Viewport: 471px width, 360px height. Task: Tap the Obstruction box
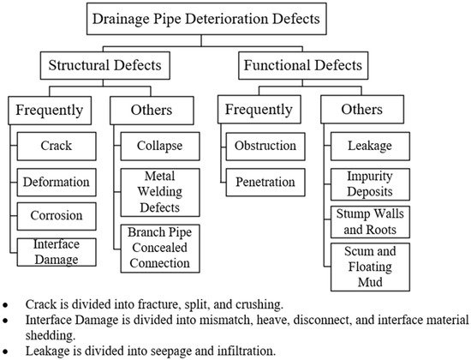click(265, 147)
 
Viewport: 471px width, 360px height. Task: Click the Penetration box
click(265, 182)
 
